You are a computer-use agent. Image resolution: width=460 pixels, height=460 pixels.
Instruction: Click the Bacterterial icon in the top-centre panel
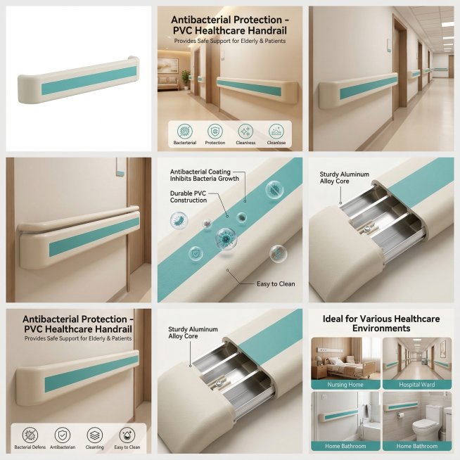(185, 131)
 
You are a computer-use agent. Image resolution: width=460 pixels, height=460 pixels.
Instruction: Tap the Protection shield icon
(215, 131)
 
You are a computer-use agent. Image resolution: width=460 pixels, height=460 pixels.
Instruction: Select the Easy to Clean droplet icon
(127, 435)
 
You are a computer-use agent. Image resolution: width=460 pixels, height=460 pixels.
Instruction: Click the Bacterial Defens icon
(30, 435)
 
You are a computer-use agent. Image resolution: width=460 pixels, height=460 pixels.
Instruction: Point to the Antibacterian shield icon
(63, 435)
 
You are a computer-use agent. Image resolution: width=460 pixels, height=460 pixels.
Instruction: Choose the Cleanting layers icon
(94, 435)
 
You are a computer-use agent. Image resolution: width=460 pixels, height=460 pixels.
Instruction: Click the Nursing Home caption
(345, 385)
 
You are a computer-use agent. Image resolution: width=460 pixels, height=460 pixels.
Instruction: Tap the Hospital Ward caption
(417, 385)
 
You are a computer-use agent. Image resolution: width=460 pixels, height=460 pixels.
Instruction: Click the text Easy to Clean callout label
(276, 284)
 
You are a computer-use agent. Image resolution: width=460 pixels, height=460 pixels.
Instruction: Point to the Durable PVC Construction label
(189, 197)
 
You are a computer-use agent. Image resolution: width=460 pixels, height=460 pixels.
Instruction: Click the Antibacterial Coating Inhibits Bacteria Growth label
(205, 175)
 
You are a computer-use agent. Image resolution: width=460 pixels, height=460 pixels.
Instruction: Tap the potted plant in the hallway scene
(186, 79)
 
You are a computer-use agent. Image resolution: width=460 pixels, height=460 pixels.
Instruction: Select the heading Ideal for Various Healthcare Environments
(381, 324)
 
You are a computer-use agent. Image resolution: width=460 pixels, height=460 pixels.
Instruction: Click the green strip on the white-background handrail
(89, 80)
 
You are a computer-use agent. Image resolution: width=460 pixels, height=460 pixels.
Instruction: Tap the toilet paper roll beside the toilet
(400, 415)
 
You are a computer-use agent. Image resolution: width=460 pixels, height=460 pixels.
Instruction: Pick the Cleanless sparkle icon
(245, 131)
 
